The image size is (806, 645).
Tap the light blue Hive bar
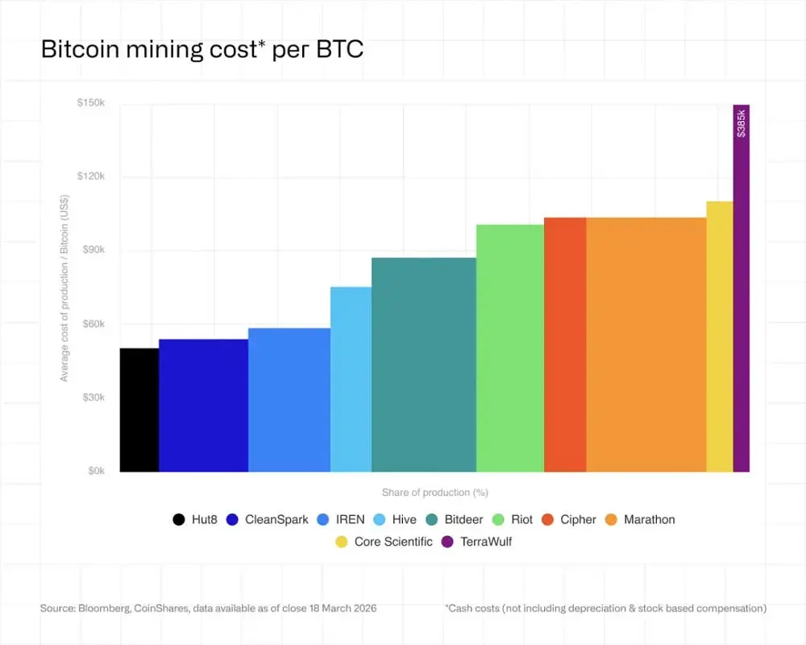(351, 379)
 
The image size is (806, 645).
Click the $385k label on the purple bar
(742, 123)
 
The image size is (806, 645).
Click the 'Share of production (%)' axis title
(435, 492)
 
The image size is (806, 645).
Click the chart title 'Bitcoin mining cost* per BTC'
(202, 49)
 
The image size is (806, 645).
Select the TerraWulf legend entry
(486, 542)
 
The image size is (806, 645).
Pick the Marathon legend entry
(649, 520)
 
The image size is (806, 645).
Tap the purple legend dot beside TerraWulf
(448, 542)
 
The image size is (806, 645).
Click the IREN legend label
(350, 520)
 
